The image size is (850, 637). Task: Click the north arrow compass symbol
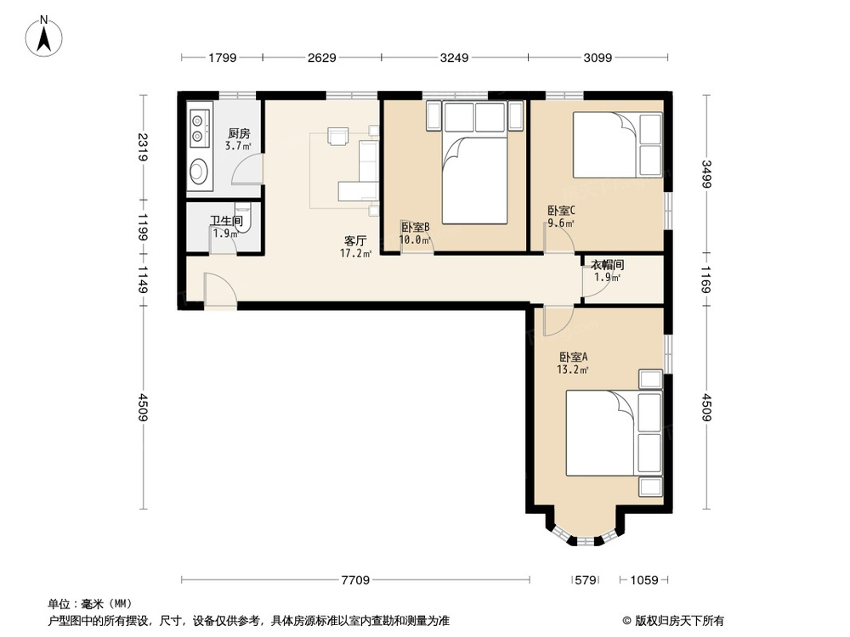pos(44,37)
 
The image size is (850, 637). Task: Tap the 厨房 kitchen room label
pos(239,133)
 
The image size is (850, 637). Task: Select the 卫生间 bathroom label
pos(226,221)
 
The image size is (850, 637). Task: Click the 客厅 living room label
pos(355,240)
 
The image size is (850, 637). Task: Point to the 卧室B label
pos(416,227)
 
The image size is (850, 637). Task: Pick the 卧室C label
pos(561,210)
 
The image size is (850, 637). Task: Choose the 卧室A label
pos(573,357)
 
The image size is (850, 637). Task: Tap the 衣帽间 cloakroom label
pos(607,264)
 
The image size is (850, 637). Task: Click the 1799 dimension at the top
pos(222,58)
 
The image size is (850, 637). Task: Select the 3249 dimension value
pos(454,58)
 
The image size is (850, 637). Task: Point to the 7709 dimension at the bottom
pos(355,580)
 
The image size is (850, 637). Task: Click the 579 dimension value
pos(586,580)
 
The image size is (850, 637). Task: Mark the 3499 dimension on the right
pos(705,174)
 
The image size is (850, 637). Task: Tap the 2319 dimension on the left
pos(143,147)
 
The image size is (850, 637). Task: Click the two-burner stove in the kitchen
pos(200,128)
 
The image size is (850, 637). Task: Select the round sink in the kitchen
pos(198,170)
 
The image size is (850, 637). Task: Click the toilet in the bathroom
pos(243,217)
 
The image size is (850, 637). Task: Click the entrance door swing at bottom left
pos(219,290)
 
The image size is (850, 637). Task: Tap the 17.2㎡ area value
pos(355,253)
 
